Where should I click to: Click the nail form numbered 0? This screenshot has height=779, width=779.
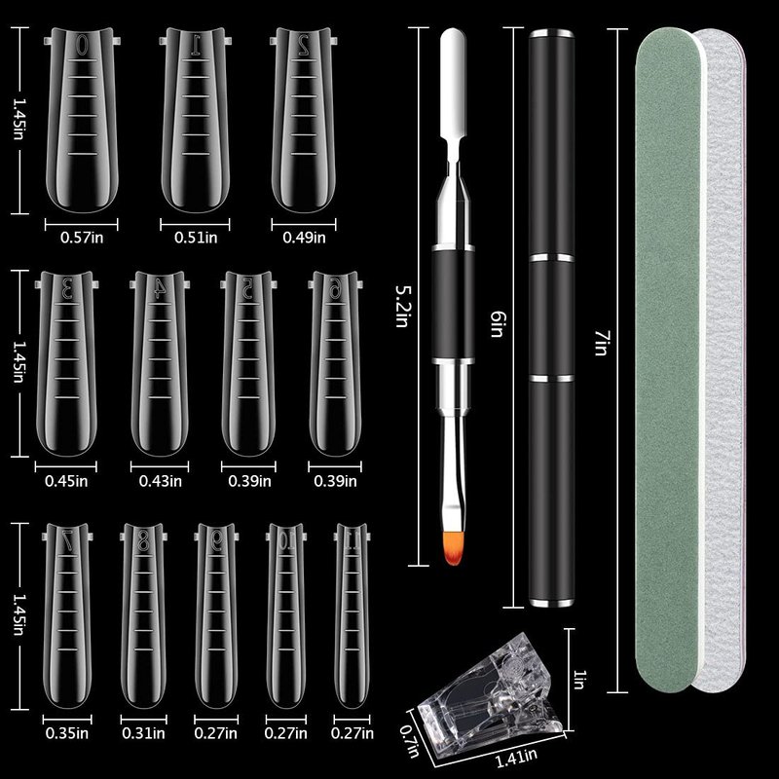[82, 119]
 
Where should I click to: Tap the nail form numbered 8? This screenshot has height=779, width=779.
[143, 616]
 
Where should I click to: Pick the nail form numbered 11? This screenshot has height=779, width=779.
[352, 616]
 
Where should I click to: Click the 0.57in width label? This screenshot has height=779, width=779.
[82, 238]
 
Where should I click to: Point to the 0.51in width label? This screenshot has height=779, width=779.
[196, 238]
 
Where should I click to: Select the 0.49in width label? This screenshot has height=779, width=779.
[304, 238]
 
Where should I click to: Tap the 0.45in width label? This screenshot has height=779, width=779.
[66, 481]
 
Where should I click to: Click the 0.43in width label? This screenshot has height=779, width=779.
[161, 481]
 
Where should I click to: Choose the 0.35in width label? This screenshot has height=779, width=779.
[67, 733]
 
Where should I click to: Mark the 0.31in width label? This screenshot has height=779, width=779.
[143, 733]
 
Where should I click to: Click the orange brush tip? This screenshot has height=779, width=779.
[453, 548]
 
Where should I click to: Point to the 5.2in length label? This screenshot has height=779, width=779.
[401, 306]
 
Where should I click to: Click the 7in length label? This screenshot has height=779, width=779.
[601, 343]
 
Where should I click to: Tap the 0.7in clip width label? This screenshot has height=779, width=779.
[410, 740]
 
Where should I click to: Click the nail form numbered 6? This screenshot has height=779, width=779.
[335, 362]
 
